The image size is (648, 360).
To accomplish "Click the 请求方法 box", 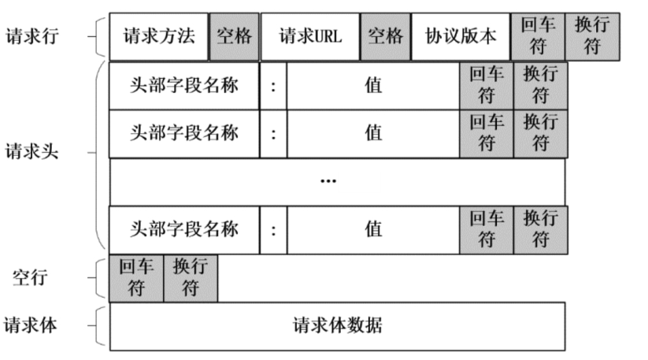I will point(158,37).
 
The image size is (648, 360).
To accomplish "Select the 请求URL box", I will point(310,37).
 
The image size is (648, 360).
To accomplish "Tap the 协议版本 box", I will point(461,37).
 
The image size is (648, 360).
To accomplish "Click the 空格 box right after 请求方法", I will point(234,37).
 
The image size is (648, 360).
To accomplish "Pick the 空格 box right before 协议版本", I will point(386,37).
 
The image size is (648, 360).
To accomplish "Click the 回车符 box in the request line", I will point(538,37).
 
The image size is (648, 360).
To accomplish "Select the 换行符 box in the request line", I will point(592,37).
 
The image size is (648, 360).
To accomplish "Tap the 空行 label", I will point(31,277).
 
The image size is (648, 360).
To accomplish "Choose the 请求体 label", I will point(31,325).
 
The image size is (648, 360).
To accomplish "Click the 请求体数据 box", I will point(337,325).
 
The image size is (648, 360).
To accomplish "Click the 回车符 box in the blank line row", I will point(136,278).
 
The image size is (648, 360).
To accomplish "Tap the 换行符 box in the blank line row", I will point(191,278).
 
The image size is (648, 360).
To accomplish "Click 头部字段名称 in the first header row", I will point(184,85).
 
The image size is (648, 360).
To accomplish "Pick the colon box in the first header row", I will point(272,85).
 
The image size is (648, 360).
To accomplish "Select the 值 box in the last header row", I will point(373,228).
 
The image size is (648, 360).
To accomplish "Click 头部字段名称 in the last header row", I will point(184,228).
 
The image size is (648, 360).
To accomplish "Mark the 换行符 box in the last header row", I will point(539,228).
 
